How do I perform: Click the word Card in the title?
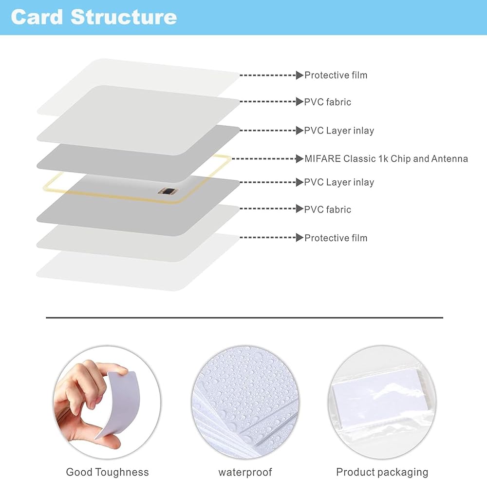click(x=37, y=17)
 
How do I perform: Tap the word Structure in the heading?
click(x=123, y=17)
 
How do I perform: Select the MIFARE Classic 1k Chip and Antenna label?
click(x=386, y=158)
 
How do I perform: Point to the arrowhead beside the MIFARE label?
click(x=300, y=158)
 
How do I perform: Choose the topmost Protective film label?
click(x=336, y=75)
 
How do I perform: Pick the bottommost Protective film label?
click(x=336, y=238)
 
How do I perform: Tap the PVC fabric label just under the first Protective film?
click(x=327, y=102)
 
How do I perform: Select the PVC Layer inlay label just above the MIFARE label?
click(x=339, y=131)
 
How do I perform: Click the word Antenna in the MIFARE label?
click(x=450, y=158)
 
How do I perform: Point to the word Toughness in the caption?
click(x=122, y=472)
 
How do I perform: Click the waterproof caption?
click(x=245, y=472)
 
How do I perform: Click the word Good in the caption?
click(x=79, y=472)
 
